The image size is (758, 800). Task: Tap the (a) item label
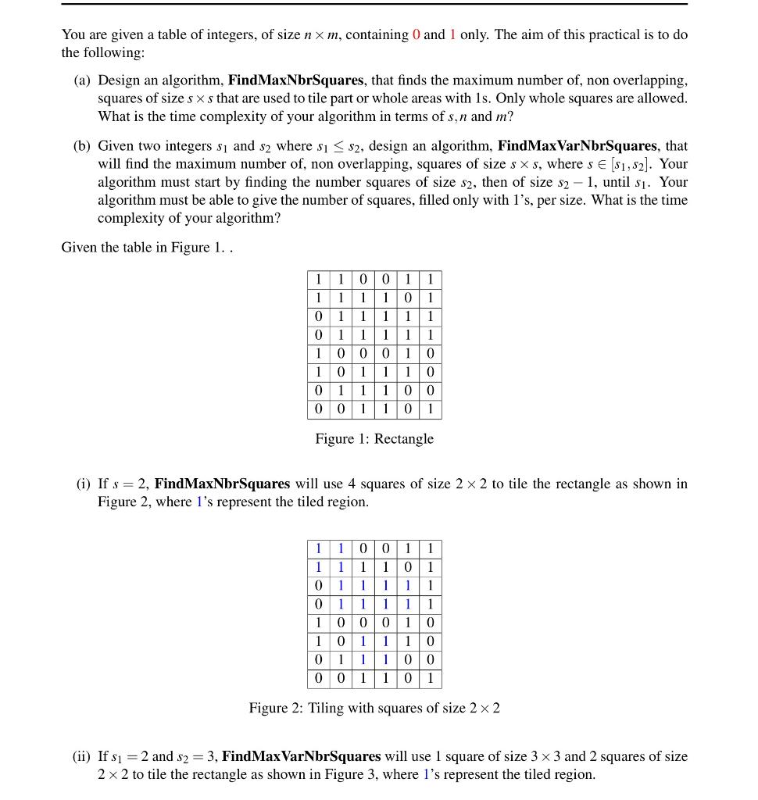coord(84,80)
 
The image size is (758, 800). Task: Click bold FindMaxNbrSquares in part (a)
coord(296,80)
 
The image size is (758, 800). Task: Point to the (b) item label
coord(84,146)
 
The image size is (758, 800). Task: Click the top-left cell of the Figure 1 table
coord(318,280)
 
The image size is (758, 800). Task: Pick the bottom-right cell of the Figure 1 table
coord(430,409)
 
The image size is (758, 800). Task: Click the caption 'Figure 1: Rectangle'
coord(374,439)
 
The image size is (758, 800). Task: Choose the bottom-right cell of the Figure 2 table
coord(430,679)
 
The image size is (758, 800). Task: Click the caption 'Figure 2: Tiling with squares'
coord(374,709)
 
